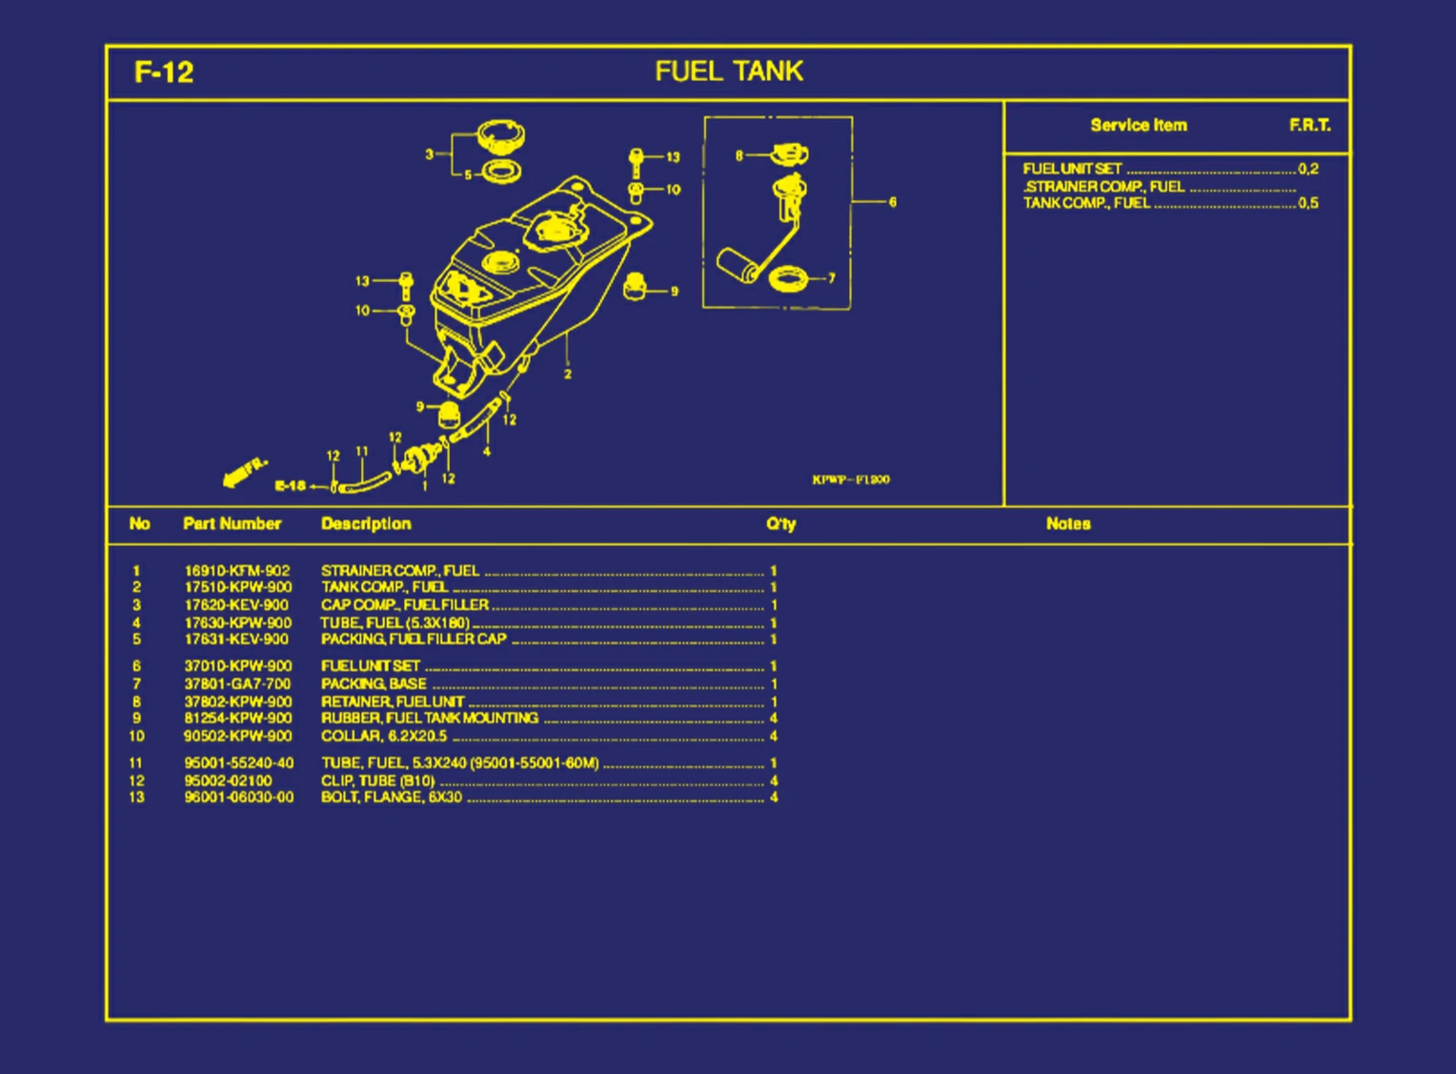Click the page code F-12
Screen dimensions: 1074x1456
[164, 72]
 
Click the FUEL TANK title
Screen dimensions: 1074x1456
[729, 71]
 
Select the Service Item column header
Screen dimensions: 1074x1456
[1139, 125]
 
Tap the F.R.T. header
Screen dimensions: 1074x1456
[1310, 125]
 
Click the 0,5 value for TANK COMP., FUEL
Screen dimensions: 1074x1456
[1308, 203]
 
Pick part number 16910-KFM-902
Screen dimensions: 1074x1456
[237, 571]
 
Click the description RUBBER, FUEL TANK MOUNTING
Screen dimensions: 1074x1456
[430, 718]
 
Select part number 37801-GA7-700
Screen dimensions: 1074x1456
[237, 683]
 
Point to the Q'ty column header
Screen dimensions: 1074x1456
[780, 523]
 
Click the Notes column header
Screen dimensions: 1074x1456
[1068, 523]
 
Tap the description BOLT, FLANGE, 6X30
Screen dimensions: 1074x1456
[392, 797]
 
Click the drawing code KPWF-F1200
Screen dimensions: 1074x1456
[851, 479]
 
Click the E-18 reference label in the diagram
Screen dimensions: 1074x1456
[290, 486]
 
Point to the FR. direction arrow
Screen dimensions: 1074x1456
[242, 472]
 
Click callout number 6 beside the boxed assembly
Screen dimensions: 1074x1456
[892, 202]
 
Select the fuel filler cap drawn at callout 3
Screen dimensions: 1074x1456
[500, 136]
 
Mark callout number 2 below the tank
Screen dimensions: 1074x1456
[568, 374]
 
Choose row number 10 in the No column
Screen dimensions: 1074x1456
[136, 736]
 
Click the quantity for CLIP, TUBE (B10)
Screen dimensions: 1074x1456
[774, 780]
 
